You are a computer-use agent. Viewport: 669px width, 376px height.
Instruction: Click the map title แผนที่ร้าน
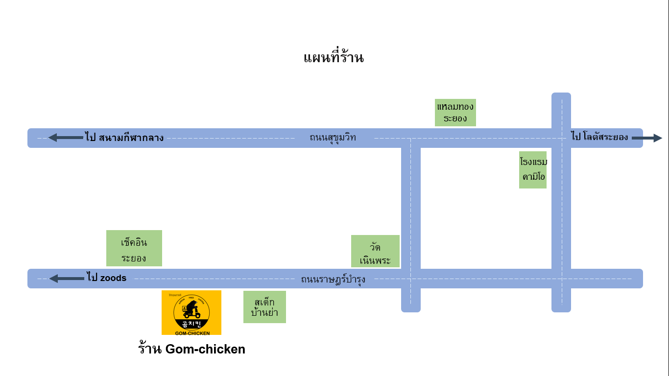[334, 58]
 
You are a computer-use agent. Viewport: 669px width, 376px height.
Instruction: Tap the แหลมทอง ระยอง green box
[455, 112]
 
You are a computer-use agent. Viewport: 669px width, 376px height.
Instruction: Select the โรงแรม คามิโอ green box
[533, 169]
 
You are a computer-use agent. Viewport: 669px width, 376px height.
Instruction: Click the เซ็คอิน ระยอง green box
[134, 248]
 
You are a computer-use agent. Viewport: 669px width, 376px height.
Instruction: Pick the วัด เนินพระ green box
[375, 251]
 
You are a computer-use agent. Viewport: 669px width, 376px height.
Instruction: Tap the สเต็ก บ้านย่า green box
[264, 307]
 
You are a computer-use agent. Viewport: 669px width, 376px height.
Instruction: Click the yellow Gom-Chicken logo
[191, 312]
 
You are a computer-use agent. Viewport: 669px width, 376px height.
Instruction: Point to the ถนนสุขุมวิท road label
[333, 138]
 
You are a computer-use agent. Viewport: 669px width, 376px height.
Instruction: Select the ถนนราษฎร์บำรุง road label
[333, 280]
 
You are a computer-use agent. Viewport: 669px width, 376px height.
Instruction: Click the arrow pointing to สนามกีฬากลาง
[66, 138]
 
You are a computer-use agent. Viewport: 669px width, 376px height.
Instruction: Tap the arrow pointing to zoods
[67, 279]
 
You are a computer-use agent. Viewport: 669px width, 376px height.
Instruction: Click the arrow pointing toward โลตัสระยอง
[646, 138]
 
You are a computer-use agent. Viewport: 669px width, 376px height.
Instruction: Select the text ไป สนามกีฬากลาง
[124, 138]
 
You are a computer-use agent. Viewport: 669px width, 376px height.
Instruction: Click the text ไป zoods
[106, 278]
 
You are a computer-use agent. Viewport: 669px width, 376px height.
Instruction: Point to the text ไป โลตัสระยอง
[599, 137]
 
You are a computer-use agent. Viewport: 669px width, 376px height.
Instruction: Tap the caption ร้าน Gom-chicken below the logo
[191, 349]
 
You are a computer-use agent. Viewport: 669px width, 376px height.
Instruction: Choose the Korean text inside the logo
[191, 324]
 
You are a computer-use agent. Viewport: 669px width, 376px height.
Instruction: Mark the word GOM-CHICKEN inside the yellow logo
[192, 333]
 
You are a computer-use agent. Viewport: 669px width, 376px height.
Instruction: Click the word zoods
[113, 278]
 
